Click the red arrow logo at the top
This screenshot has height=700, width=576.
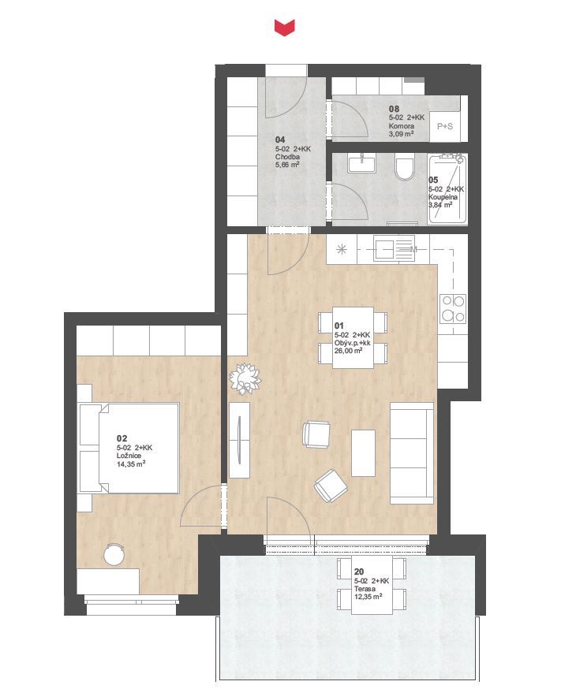[x=284, y=28]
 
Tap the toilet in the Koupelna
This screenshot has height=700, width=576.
[x=406, y=167]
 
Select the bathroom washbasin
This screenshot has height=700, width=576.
[x=362, y=163]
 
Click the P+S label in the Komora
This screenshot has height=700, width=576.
[x=445, y=126]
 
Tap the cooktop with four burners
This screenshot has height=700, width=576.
[x=453, y=308]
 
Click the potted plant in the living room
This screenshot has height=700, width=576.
[x=245, y=378]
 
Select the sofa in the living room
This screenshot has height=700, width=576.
[x=412, y=453]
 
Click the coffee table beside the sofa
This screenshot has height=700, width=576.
[x=363, y=452]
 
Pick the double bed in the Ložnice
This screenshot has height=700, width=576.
[x=129, y=448]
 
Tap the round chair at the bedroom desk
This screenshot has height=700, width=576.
[x=114, y=554]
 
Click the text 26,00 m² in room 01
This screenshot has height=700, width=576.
[x=348, y=351]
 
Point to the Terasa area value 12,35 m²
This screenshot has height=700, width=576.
[x=368, y=597]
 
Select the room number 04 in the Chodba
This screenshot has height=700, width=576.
[x=280, y=140]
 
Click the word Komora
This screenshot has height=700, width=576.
[x=402, y=126]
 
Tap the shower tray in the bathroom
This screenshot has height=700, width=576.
[x=447, y=189]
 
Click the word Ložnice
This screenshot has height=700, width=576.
[x=129, y=456]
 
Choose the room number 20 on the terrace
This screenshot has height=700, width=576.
[x=359, y=572]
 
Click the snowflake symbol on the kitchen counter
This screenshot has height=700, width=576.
[x=342, y=249]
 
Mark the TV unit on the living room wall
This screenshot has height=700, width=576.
[x=239, y=440]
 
